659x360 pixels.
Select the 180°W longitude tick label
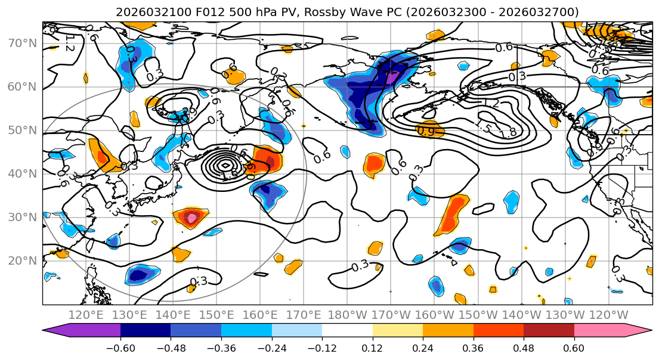click(348, 315)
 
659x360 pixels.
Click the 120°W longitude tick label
click(609, 315)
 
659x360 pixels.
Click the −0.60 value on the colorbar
click(120, 347)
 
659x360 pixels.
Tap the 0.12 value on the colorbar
click(372, 347)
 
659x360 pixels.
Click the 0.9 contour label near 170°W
click(426, 131)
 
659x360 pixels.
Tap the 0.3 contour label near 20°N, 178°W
click(360, 266)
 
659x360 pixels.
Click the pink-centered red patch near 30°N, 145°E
click(191, 218)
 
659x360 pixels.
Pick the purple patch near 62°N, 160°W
click(391, 77)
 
